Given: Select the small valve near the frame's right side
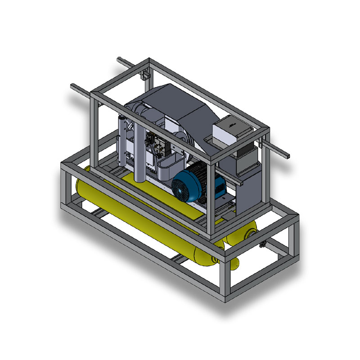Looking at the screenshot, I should tap(262, 244).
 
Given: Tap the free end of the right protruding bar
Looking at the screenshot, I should tap(287, 156).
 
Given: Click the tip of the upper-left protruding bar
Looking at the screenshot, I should tap(119, 59).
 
